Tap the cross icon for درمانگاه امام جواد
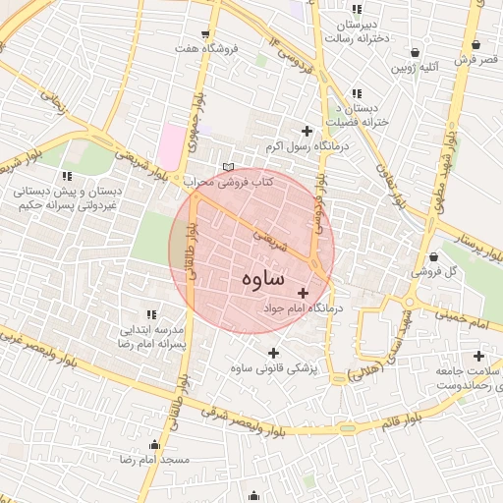coord(303,293)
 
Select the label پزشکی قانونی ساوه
coord(275,367)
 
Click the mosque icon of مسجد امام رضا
coord(153,444)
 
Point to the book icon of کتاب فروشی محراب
coord(229,167)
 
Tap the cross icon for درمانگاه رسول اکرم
coord(307,131)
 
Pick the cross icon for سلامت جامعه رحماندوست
coord(478,356)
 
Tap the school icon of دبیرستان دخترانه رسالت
coord(356,11)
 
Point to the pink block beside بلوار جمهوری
coord(172,146)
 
